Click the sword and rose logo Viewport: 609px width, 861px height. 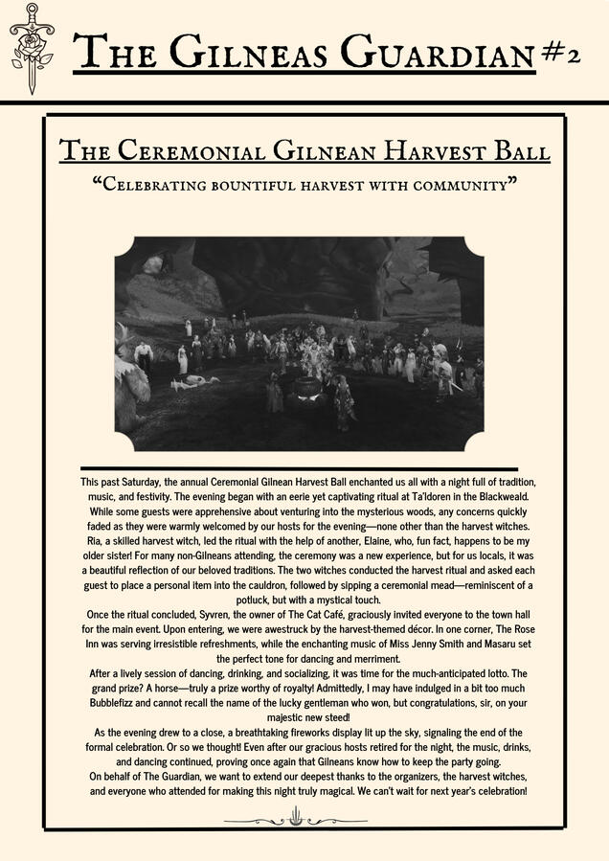tap(32, 47)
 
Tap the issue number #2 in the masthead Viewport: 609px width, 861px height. tap(560, 55)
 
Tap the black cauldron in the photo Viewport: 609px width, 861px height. tap(307, 388)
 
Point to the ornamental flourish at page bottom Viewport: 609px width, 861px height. tap(296, 819)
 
